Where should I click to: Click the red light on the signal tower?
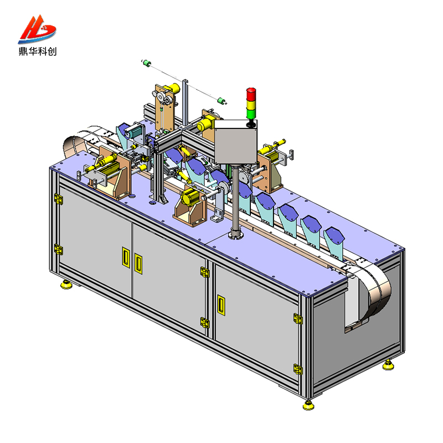click(x=251, y=92)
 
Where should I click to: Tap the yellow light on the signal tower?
click(x=251, y=101)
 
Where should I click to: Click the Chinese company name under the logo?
click(x=38, y=51)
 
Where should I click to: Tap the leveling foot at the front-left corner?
click(x=67, y=285)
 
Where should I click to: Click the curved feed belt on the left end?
click(x=78, y=143)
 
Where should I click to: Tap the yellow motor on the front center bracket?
click(x=192, y=197)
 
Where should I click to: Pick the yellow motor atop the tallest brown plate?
click(x=173, y=89)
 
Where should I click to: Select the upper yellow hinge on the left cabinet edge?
click(x=58, y=198)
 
